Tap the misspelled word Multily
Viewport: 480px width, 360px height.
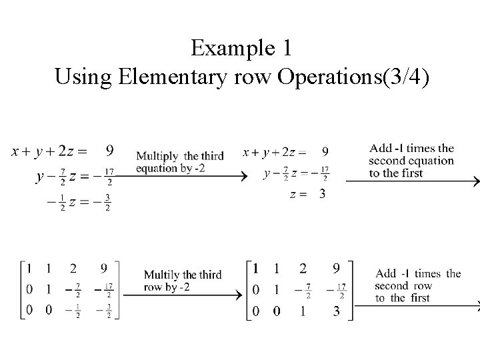[161, 275]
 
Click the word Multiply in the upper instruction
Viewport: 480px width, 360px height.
[157, 156]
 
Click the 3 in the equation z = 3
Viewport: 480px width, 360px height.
[323, 194]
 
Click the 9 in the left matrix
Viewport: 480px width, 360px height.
[103, 269]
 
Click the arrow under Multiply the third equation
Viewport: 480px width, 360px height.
[187, 176]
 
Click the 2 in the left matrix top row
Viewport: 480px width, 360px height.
[73, 269]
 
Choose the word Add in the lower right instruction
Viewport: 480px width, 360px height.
[387, 273]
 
